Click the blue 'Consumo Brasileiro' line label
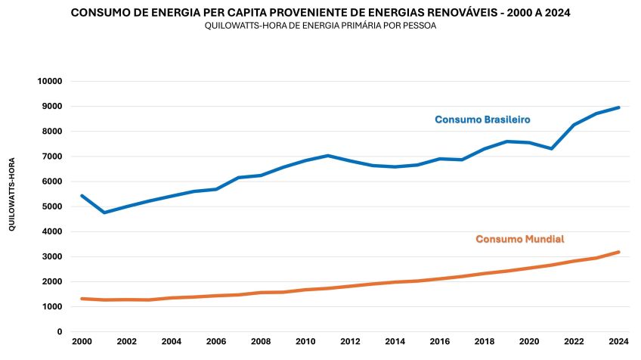point(482,119)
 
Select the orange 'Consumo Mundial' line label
point(519,239)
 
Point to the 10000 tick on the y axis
point(51,81)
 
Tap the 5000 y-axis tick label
point(53,206)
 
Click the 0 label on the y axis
point(60,331)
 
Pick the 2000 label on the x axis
point(82,342)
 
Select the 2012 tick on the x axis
point(350,342)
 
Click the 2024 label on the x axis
point(618,342)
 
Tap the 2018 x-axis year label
point(485,342)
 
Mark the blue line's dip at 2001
point(104,213)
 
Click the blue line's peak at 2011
point(327,156)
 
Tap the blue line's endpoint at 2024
point(618,107)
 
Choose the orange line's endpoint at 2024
point(618,252)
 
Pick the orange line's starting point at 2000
point(82,299)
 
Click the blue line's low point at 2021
point(551,148)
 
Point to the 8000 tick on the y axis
point(53,132)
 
